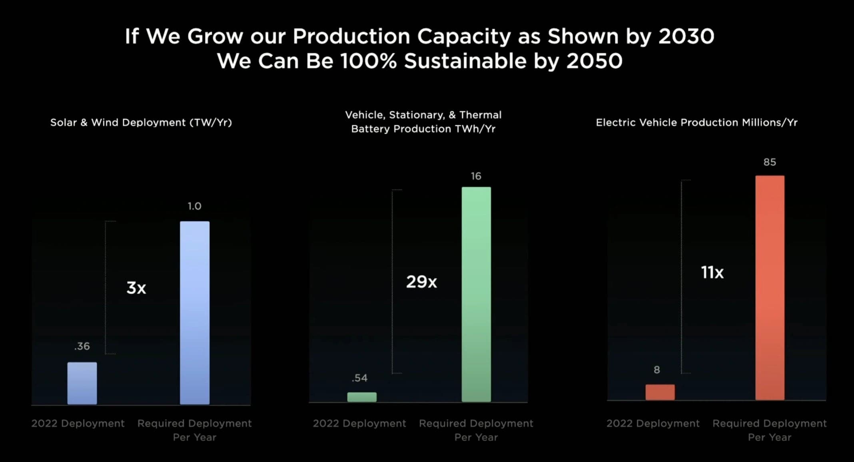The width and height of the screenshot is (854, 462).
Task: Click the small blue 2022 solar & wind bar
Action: tap(82, 383)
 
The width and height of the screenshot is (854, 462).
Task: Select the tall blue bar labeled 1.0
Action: tap(195, 313)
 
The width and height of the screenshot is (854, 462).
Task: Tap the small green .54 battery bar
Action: tap(362, 397)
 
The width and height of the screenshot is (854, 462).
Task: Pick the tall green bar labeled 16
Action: tap(476, 294)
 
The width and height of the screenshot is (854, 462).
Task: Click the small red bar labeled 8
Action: tap(660, 392)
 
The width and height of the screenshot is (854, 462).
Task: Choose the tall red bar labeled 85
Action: tap(770, 288)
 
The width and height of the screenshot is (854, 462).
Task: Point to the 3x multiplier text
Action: tap(136, 288)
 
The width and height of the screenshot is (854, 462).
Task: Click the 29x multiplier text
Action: tap(421, 282)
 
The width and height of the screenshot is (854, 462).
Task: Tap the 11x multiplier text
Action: tap(712, 273)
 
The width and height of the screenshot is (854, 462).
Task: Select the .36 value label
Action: tap(82, 346)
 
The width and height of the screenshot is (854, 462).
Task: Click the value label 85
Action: tap(770, 162)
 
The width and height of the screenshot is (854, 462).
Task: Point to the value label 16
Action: tap(476, 176)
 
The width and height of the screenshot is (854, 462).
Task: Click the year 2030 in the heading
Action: tap(686, 36)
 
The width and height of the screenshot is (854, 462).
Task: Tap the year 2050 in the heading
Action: tap(594, 61)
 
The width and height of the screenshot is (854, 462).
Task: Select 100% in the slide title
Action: tap(368, 61)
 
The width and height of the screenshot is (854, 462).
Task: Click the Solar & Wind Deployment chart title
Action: tap(141, 122)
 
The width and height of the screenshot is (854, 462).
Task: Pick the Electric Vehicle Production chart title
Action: tap(696, 122)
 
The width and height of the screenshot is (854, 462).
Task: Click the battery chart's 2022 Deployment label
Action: tap(359, 423)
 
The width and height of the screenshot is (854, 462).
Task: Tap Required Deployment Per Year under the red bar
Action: tap(769, 430)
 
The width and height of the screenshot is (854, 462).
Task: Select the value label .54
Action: tap(359, 378)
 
